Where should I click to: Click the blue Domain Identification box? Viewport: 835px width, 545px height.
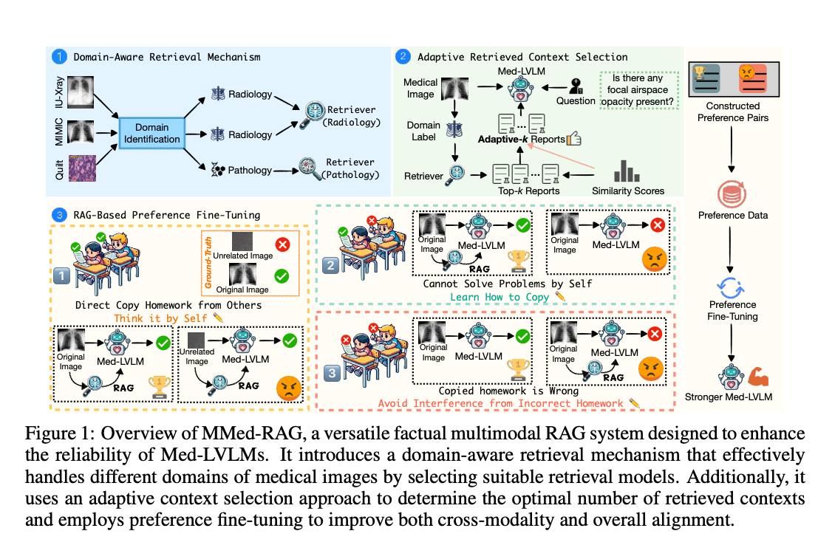pos(151,133)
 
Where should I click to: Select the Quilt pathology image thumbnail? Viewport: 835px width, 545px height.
pos(83,168)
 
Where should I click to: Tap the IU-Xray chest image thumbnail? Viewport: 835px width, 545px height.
pos(81,92)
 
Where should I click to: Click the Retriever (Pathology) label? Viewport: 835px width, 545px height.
pos(350,168)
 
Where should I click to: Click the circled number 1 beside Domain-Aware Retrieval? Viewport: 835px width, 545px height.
pos(59,56)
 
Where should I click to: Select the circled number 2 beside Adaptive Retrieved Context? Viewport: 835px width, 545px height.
pos(403,56)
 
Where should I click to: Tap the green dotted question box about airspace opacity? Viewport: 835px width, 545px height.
pos(638,90)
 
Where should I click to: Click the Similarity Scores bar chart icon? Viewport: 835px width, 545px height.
pos(627,171)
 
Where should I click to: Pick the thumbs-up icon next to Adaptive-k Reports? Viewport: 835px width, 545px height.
pos(573,139)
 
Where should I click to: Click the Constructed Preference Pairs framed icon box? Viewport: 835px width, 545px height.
pos(733,79)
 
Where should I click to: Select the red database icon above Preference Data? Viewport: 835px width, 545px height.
pos(732,194)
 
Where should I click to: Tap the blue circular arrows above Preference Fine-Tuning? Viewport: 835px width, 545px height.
pos(731,288)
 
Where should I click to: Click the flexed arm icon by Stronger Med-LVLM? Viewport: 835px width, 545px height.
pos(758,377)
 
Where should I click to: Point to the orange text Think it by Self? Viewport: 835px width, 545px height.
pos(160,318)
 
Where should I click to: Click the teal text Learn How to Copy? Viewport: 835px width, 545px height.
pos(500,297)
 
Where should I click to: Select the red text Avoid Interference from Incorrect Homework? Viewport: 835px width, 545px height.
pos(500,403)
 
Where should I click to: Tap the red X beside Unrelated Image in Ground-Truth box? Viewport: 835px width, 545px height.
pos(282,244)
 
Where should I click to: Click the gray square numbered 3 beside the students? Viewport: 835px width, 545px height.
pos(332,373)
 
